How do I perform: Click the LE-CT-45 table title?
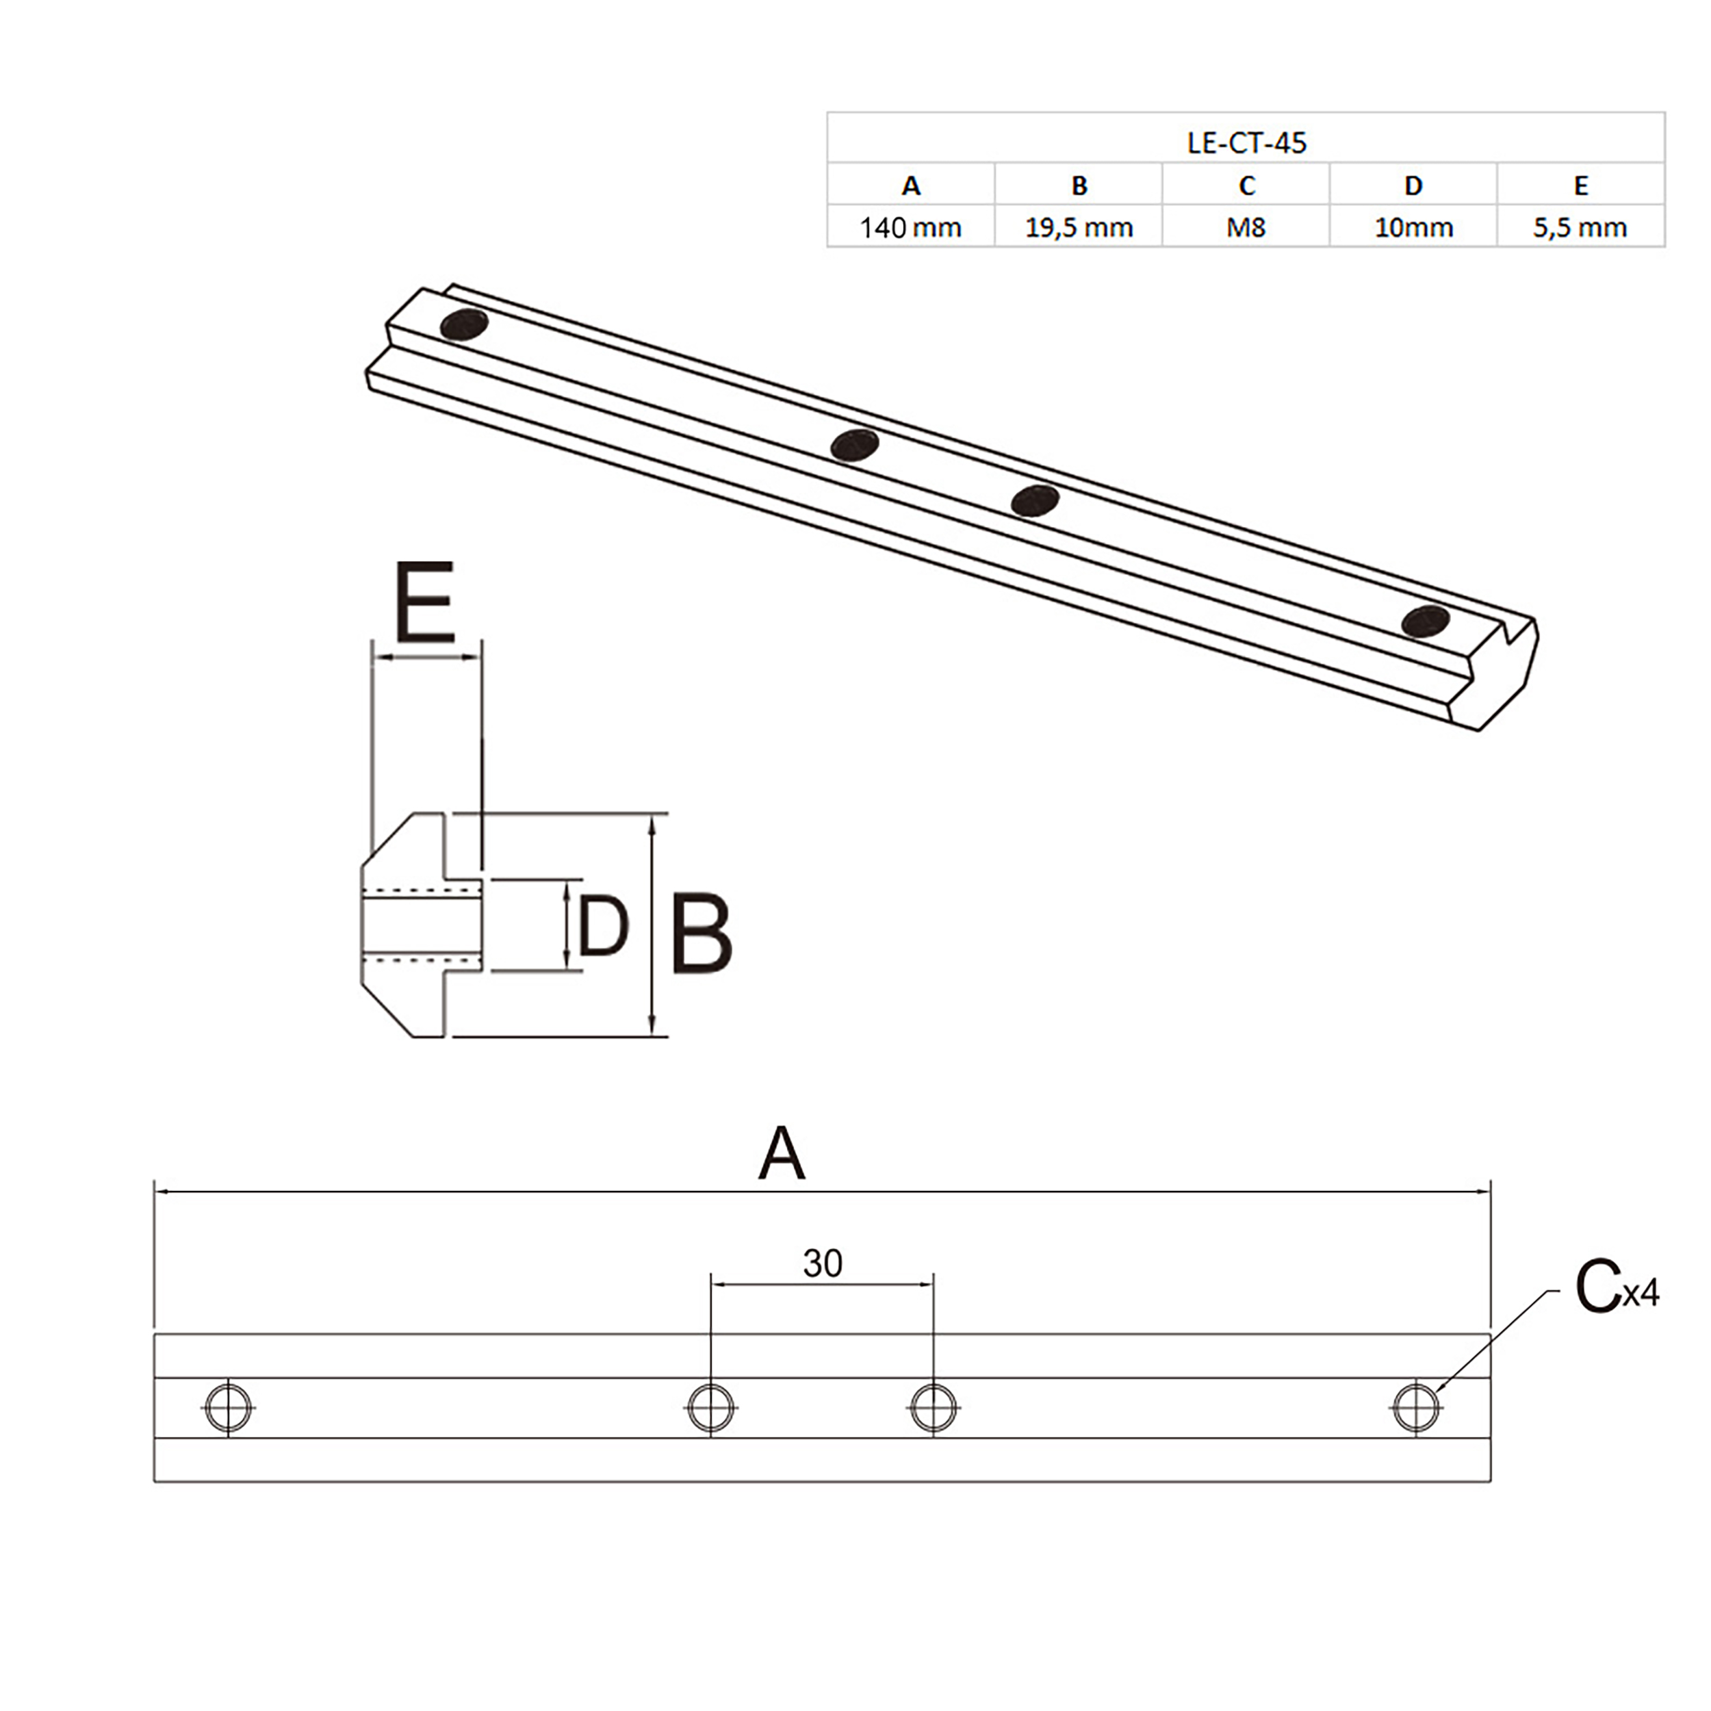pos(1246,142)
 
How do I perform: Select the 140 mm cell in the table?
pos(910,228)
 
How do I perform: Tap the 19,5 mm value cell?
pos(1079,228)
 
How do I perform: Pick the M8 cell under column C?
pos(1246,228)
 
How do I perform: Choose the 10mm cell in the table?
pos(1413,228)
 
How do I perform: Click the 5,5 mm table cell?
pos(1581,228)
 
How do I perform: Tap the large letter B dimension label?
pos(702,934)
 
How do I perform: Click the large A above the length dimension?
pos(782,1155)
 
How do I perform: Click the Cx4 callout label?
pos(1614,1290)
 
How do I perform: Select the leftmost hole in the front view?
pos(229,1407)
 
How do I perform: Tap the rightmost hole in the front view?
pos(1416,1407)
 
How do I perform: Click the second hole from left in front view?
pos(711,1407)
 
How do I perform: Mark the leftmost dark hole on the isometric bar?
pos(464,325)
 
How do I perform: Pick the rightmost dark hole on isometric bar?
pos(1426,621)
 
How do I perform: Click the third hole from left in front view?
pos(934,1407)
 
